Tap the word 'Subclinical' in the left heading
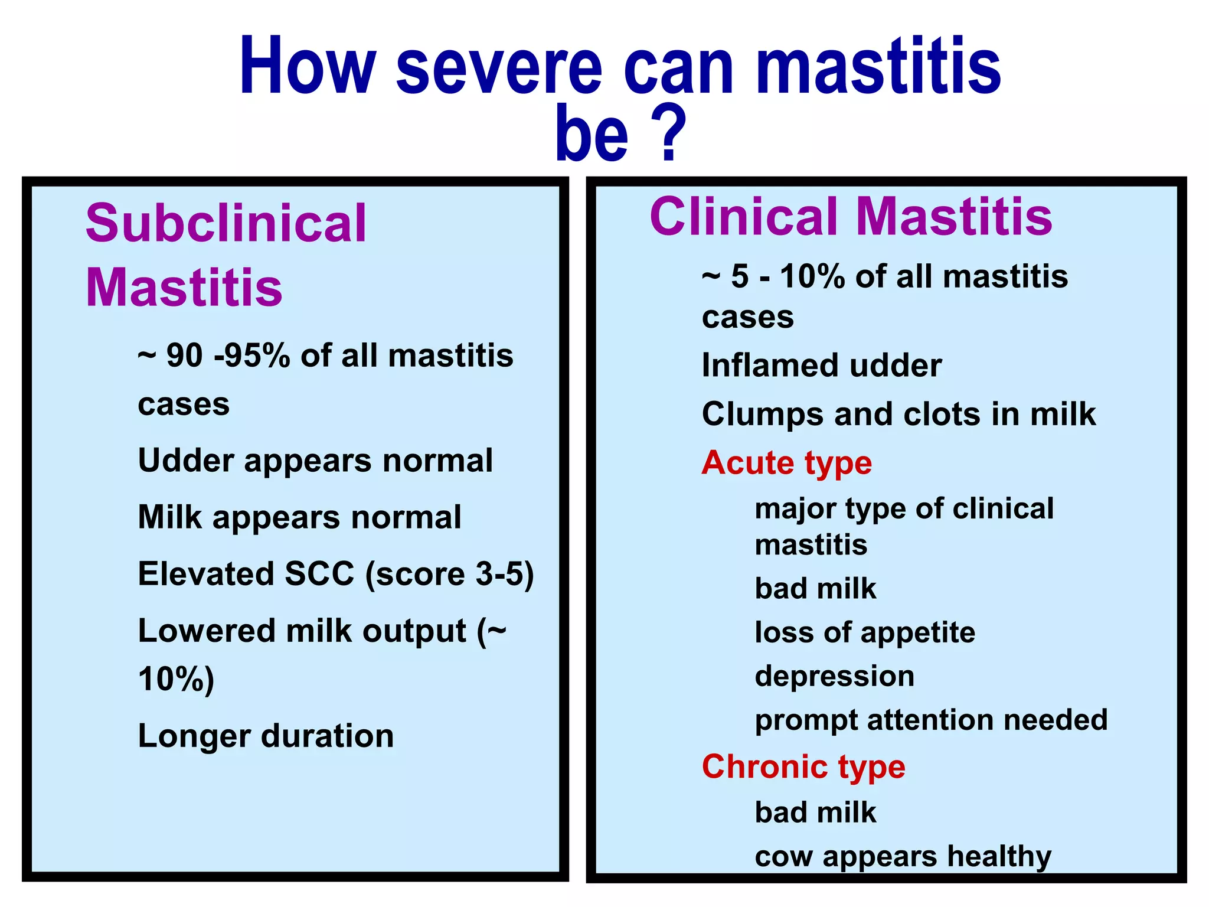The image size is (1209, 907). pyautogui.click(x=226, y=223)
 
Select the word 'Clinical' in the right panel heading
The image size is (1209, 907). pyautogui.click(x=744, y=217)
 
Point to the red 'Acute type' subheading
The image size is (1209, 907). pyautogui.click(x=786, y=462)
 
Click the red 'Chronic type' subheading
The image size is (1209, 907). pyautogui.click(x=803, y=766)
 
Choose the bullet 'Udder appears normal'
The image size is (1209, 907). pyautogui.click(x=315, y=461)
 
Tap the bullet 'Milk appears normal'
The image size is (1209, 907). pyautogui.click(x=299, y=517)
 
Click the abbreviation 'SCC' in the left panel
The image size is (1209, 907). pyautogui.click(x=319, y=573)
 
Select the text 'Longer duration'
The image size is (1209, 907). pyautogui.click(x=266, y=736)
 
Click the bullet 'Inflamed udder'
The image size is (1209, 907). pyautogui.click(x=821, y=366)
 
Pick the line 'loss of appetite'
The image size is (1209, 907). pyautogui.click(x=865, y=632)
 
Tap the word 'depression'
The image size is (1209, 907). pyautogui.click(x=834, y=676)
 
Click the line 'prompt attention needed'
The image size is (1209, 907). pyautogui.click(x=931, y=720)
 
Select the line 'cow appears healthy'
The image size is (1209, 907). pyautogui.click(x=903, y=856)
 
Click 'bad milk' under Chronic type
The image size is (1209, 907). pyautogui.click(x=815, y=813)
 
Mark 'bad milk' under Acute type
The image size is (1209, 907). pyautogui.click(x=815, y=589)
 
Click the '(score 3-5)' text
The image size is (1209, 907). pyautogui.click(x=449, y=574)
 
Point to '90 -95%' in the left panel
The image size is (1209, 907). pyautogui.click(x=228, y=355)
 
